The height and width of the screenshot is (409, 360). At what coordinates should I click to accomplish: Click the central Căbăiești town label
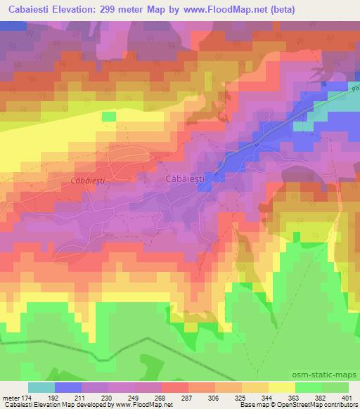185,180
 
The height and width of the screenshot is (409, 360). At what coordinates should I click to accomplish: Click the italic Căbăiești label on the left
88,181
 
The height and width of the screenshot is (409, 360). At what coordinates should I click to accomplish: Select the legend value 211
94,398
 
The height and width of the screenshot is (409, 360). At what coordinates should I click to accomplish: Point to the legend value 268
174,398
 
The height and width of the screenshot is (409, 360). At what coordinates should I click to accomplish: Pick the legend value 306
229,398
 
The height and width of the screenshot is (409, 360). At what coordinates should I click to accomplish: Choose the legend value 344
282,398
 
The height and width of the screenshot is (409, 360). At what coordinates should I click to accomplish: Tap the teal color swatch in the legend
41,387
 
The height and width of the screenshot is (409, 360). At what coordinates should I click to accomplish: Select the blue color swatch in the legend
68,387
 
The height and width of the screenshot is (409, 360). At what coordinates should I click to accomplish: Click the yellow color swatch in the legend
282,387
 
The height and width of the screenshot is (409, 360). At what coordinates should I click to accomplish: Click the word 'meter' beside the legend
11,398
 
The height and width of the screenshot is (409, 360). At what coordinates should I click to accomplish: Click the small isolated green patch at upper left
108,116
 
